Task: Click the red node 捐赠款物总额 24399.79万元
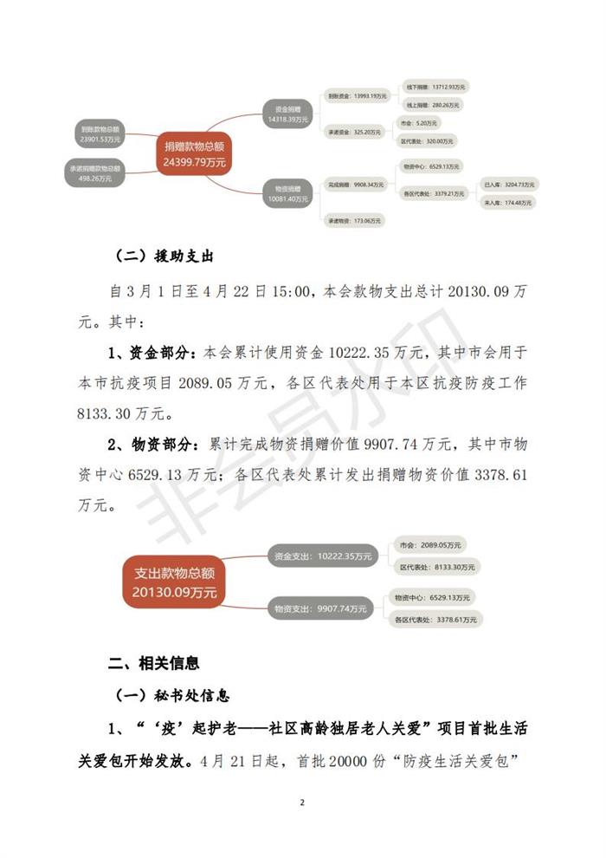pyautogui.click(x=194, y=153)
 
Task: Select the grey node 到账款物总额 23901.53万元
pyautogui.click(x=100, y=133)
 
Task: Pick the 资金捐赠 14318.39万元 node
pyautogui.click(x=288, y=114)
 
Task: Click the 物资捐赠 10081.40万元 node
pyautogui.click(x=288, y=192)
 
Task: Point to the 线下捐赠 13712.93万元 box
pyautogui.click(x=436, y=87)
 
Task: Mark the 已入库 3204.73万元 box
pyautogui.click(x=509, y=185)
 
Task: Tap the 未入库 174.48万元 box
pyautogui.click(x=508, y=202)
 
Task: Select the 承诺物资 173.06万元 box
pyautogui.click(x=355, y=221)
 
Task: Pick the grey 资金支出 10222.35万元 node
pyautogui.click(x=322, y=556)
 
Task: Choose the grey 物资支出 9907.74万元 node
pyautogui.click(x=320, y=608)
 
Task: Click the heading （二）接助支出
pyautogui.click(x=164, y=257)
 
